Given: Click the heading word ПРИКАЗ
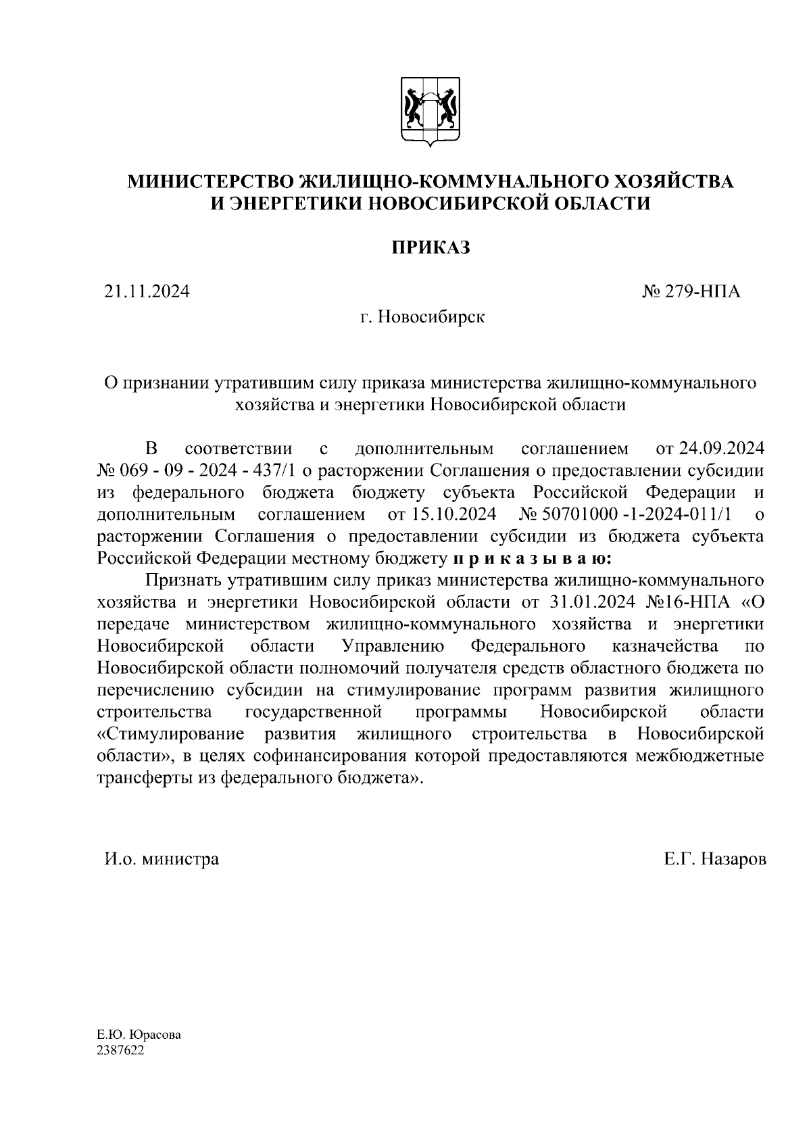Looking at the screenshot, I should [x=431, y=248].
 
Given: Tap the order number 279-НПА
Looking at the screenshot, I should [x=702, y=292].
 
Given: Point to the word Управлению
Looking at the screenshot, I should [x=393, y=646].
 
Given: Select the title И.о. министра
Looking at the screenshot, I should [x=161, y=859].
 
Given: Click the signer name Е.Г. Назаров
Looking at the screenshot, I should [x=715, y=859].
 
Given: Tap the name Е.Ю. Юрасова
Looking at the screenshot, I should [x=139, y=1036].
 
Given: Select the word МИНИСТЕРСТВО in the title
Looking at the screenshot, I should [x=212, y=182].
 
